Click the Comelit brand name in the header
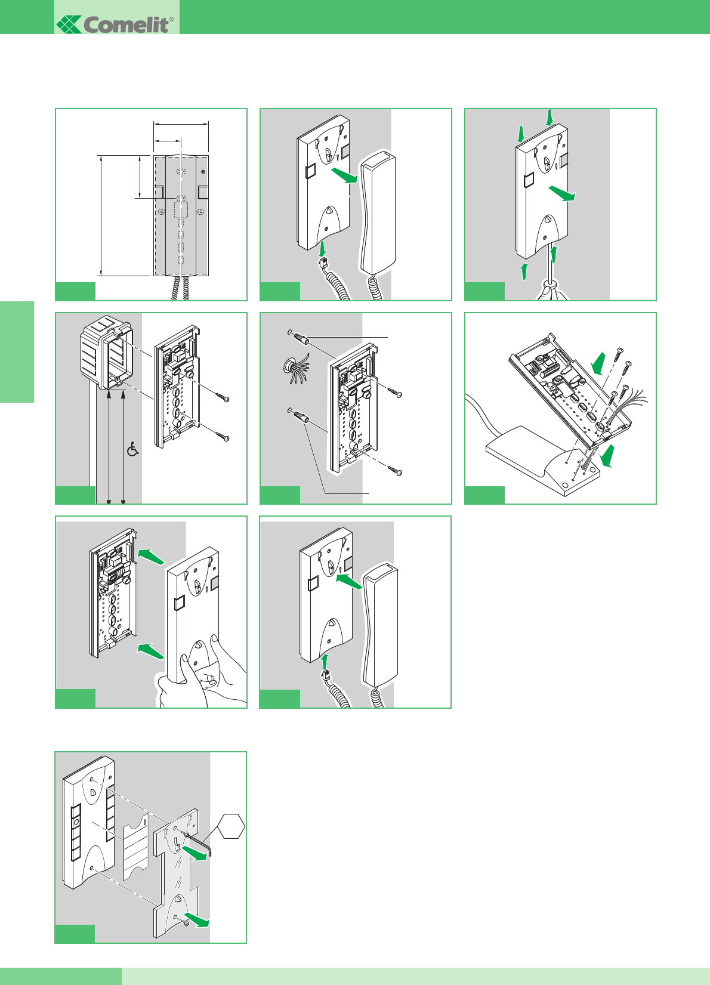pos(126,24)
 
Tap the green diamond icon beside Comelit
pos(69,24)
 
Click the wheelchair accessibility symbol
pos(133,449)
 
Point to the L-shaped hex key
pos(202,844)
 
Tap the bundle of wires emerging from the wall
pos(294,366)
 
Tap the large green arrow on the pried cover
pos(563,193)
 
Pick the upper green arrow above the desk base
pos(598,362)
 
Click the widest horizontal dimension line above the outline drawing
pos(181,124)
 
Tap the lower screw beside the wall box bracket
pos(223,436)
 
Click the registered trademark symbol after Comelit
pos(172,20)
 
